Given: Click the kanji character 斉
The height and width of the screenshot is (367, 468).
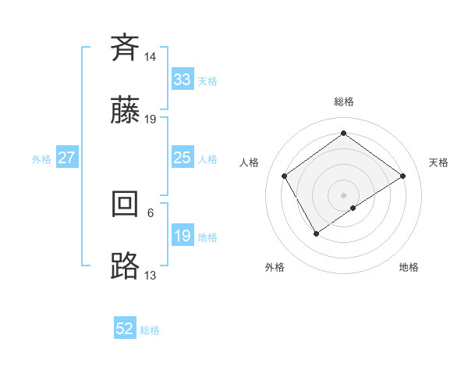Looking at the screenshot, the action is coord(125,48).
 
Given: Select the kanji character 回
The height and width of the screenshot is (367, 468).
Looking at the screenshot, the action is coord(125,204).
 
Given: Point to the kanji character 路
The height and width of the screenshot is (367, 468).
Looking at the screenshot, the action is coord(125,266).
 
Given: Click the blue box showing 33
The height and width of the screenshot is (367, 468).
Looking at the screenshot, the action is coord(182,79).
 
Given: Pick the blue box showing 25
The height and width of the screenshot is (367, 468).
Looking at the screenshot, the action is coord(182,158).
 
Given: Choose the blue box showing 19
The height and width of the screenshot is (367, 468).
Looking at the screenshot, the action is coord(182,236).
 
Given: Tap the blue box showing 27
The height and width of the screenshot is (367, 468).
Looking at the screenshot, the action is coord(66,158).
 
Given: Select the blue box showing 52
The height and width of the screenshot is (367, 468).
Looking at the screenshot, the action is coord(125,330).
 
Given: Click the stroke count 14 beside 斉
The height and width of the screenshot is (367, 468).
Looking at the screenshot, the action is coord(151,57).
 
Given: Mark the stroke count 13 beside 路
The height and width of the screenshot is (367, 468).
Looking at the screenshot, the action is coord(151,276).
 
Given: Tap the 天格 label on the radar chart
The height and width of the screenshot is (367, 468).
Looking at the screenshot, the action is coord(439,162).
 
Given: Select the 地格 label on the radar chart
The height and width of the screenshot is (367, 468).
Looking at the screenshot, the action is coord(409,267).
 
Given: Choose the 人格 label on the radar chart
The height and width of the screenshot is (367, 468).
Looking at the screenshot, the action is coord(250,162).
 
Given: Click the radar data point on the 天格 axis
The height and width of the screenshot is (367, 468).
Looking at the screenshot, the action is coord(402,176).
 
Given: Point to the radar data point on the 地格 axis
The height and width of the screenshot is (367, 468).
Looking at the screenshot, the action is coord(353,208).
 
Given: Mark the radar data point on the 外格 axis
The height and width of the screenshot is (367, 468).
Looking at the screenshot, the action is coord(316,233).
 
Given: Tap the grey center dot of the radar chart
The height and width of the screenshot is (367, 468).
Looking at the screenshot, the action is coord(344,194).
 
